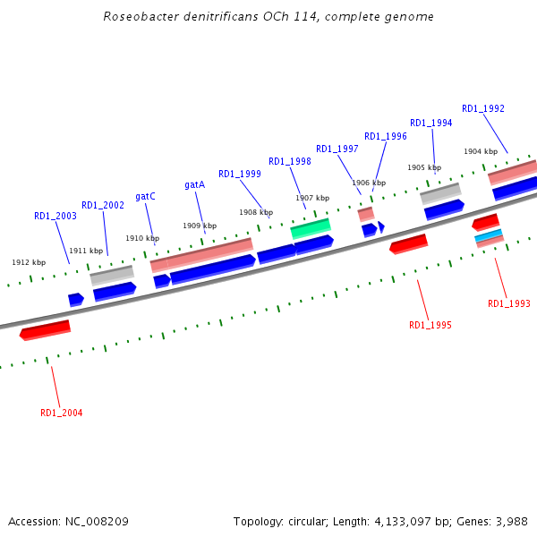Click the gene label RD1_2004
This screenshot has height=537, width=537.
click(62, 413)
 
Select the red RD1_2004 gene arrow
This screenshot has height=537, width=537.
click(45, 330)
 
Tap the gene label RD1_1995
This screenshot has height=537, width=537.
click(430, 325)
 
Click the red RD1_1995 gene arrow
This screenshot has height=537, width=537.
click(408, 243)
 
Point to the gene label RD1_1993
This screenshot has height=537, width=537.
click(508, 304)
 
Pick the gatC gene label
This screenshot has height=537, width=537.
click(145, 196)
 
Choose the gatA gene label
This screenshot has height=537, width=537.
click(195, 184)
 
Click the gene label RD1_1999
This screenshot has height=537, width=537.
click(240, 174)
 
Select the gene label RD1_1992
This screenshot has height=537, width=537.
click(483, 109)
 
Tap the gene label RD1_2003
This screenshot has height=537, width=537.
click(55, 216)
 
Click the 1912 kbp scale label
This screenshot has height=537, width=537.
click(29, 262)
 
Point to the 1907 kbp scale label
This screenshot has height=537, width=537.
click(312, 198)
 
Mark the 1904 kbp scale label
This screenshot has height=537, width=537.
click(480, 151)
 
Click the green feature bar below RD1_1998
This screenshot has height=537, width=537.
click(311, 227)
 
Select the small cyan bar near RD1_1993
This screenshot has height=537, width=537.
click(489, 234)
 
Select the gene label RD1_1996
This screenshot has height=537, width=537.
click(386, 136)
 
